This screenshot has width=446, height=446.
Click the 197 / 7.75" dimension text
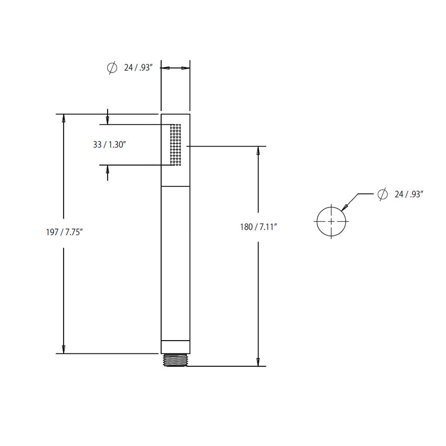coord(65,233)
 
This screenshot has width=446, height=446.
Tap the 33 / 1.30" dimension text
coord(109,144)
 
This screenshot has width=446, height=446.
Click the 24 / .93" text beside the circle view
coord(409,194)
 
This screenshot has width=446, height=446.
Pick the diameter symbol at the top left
coord(111,68)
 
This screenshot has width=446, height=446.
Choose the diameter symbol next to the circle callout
coord(382,194)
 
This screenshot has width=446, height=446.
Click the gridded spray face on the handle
coord(176,144)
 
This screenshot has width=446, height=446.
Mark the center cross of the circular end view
coord(331,221)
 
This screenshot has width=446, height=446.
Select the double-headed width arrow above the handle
coord(176,68)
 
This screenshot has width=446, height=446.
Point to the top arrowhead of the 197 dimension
coord(64,119)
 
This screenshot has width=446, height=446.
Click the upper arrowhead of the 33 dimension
coord(107,119)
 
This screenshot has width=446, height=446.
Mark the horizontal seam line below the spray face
coord(176,185)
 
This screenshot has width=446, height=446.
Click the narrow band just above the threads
coord(176,347)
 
